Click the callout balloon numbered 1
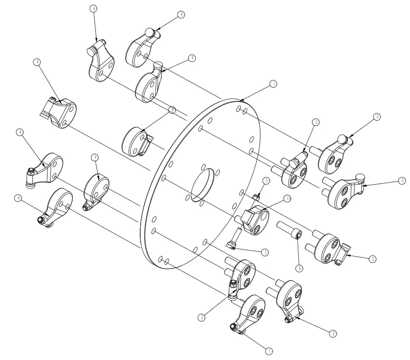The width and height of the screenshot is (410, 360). (273, 84)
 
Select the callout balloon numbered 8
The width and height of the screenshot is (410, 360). (182, 15)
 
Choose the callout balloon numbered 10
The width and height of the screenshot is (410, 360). (287, 198)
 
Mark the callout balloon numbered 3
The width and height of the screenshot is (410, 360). (265, 252)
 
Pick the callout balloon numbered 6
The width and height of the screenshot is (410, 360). (300, 267)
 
